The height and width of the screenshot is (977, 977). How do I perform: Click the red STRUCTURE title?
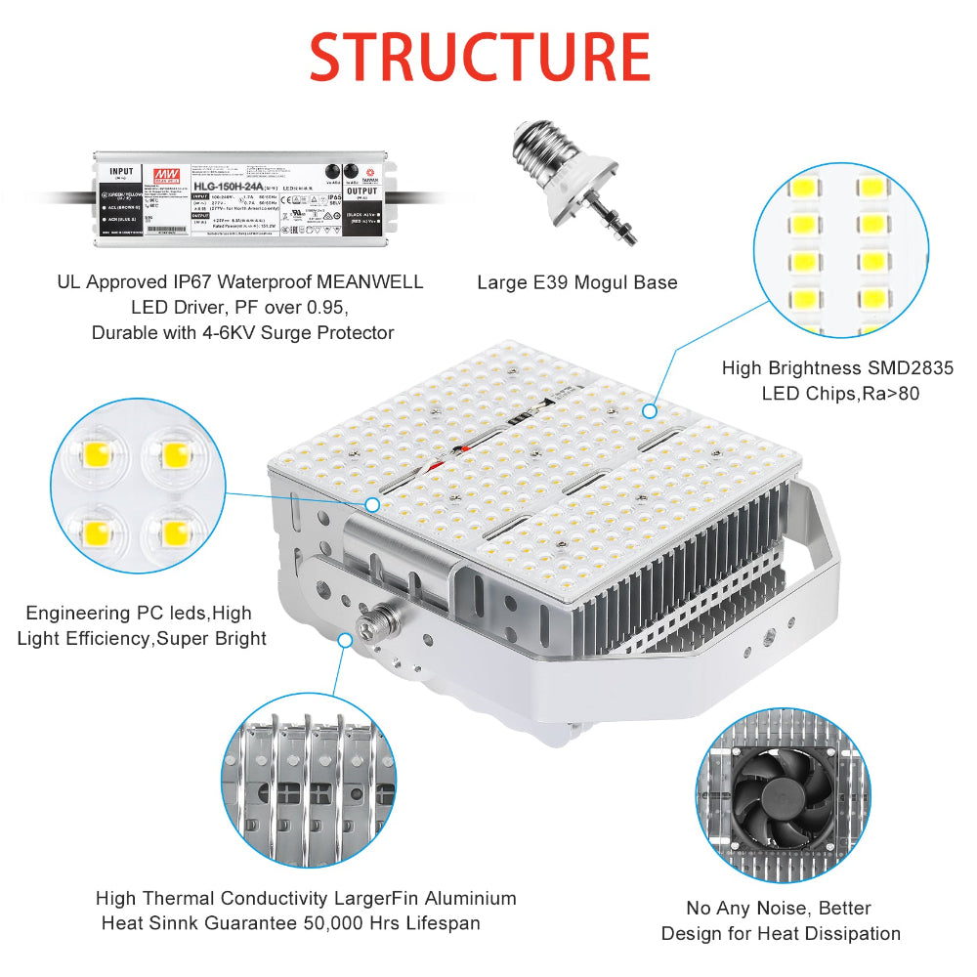point(480,58)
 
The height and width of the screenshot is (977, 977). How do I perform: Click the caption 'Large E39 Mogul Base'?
point(576,282)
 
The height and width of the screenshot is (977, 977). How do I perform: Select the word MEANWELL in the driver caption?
point(375,282)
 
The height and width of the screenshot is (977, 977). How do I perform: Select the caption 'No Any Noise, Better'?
point(779,908)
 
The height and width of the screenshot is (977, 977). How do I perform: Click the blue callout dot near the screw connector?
point(345,640)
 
